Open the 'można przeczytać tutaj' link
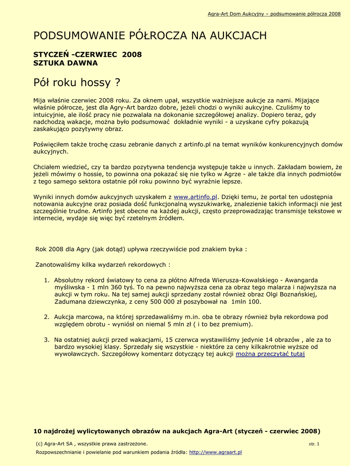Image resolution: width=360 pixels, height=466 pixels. click(270, 354)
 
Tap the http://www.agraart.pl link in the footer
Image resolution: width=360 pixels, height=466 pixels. click(215, 452)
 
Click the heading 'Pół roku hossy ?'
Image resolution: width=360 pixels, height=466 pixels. click(77, 83)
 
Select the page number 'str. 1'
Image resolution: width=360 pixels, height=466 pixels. click(314, 444)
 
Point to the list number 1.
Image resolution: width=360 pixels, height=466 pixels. click(46, 280)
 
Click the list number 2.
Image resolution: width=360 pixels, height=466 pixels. click(46, 317)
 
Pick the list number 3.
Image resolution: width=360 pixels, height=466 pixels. click(46, 339)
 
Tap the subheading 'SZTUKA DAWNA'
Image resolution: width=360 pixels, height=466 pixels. click(66, 63)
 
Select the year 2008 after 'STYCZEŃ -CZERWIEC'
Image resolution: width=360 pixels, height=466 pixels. click(132, 55)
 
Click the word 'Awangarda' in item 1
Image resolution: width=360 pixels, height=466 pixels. click(301, 280)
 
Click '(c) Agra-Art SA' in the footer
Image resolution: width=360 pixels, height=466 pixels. click(54, 444)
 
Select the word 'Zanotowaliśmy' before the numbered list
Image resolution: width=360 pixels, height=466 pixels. click(57, 264)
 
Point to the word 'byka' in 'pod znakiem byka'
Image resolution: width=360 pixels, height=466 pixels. click(236, 249)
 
